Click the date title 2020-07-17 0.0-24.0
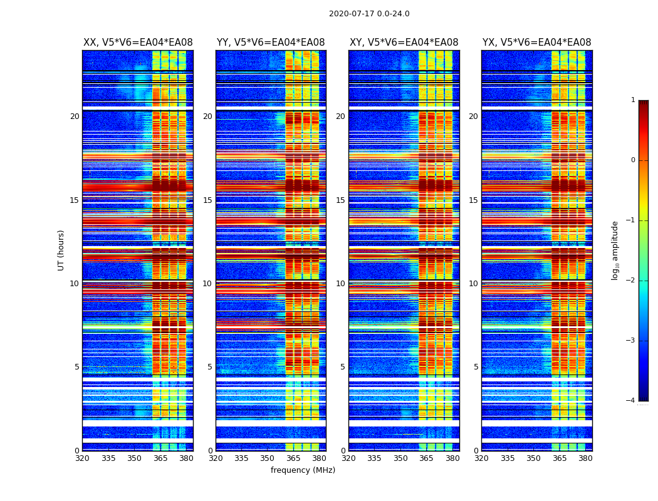click(x=369, y=14)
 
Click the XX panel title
click(x=138, y=43)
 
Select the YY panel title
click(x=271, y=43)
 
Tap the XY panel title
click(x=404, y=43)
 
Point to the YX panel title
click(x=536, y=43)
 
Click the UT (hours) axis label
click(x=61, y=250)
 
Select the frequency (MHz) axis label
click(x=303, y=470)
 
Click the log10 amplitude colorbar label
click(x=615, y=250)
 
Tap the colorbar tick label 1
click(x=633, y=100)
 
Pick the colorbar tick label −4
click(x=631, y=401)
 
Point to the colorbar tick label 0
click(x=633, y=160)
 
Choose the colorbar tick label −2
click(x=631, y=281)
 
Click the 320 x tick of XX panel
click(x=83, y=458)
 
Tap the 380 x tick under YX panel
click(x=585, y=458)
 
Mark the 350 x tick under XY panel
click(x=400, y=458)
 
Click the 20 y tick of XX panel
click(x=75, y=116)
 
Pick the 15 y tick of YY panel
click(x=207, y=200)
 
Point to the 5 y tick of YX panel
click(x=476, y=367)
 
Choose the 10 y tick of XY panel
click(x=340, y=284)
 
